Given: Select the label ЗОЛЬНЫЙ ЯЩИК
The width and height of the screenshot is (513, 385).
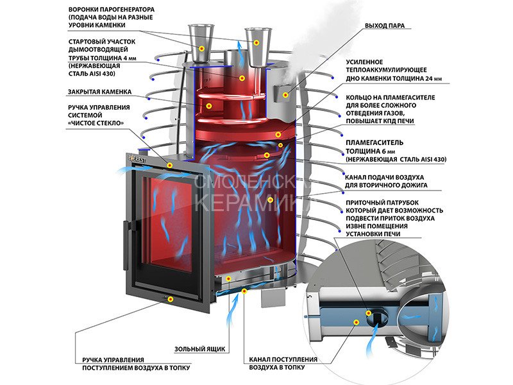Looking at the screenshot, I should (200, 349).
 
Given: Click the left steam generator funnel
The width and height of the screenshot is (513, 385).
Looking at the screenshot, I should (201, 38).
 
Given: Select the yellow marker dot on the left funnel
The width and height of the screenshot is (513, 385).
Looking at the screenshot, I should (202, 48).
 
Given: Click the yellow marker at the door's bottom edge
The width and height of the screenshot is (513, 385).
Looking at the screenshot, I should (169, 299).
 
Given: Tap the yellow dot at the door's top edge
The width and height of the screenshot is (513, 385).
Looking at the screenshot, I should (169, 165).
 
